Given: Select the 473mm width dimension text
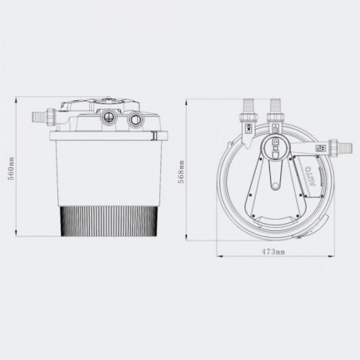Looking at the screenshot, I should point(273,252).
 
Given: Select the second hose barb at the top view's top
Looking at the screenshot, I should point(276,104).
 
